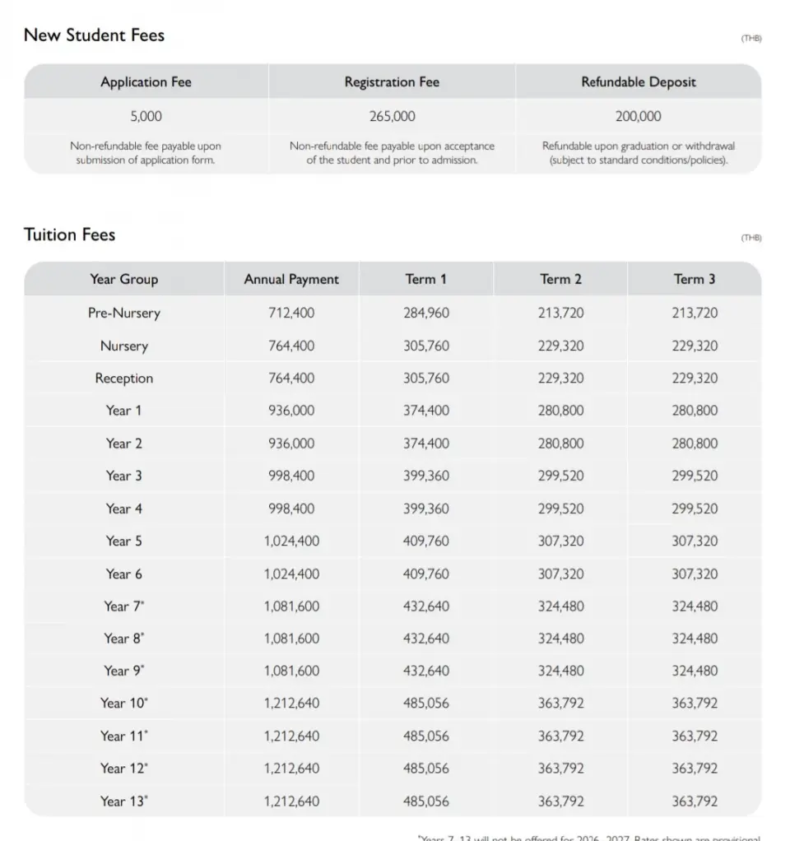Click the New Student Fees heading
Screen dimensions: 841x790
pos(94,35)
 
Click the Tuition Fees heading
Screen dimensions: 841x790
pos(69,235)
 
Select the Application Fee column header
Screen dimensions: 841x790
pos(146,81)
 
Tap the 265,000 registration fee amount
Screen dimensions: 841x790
pos(392,117)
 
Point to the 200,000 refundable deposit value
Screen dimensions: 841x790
pos(638,117)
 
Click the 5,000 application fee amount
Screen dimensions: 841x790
pos(146,117)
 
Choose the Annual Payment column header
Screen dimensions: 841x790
pos(291,279)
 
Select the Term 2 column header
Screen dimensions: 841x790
pos(560,279)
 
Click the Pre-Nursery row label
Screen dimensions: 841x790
pos(123,313)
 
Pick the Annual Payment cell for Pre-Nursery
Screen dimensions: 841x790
pos(291,313)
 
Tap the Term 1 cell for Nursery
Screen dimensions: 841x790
pos(426,346)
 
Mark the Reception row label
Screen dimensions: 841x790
pos(123,379)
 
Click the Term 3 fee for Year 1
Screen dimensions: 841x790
pos(695,411)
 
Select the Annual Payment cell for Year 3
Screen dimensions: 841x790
pos(291,476)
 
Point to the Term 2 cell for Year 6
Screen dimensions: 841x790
pos(560,574)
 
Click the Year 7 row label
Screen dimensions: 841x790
pos(123,606)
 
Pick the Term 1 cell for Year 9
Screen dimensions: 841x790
pos(426,671)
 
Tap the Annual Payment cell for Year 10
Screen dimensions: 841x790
pos(291,704)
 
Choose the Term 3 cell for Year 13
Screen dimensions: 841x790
pos(695,801)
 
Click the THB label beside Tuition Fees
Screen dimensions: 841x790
pos(751,238)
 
